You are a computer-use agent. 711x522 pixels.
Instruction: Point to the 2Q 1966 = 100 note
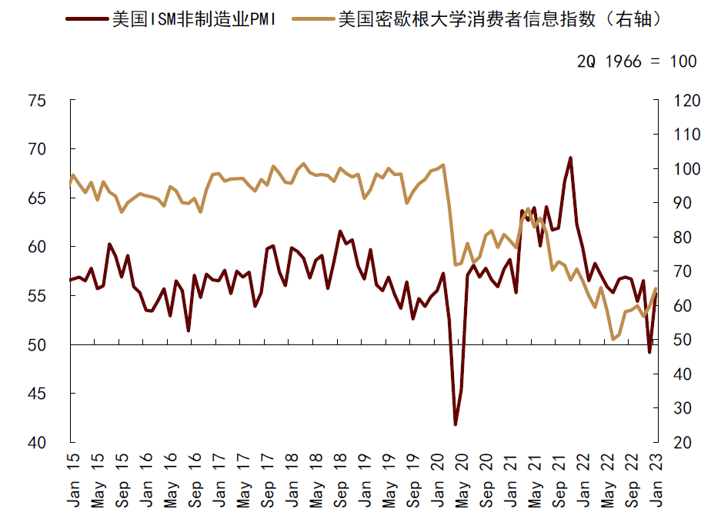(x=637, y=62)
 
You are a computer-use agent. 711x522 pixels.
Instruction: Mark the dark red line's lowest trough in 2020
(x=456, y=424)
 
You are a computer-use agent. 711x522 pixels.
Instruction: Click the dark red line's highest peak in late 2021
(x=570, y=158)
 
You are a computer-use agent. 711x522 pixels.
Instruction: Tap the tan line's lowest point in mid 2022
(x=613, y=339)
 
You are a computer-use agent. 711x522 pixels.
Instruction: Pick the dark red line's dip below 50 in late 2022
(x=650, y=352)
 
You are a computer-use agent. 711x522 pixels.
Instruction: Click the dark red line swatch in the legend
(x=85, y=19)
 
